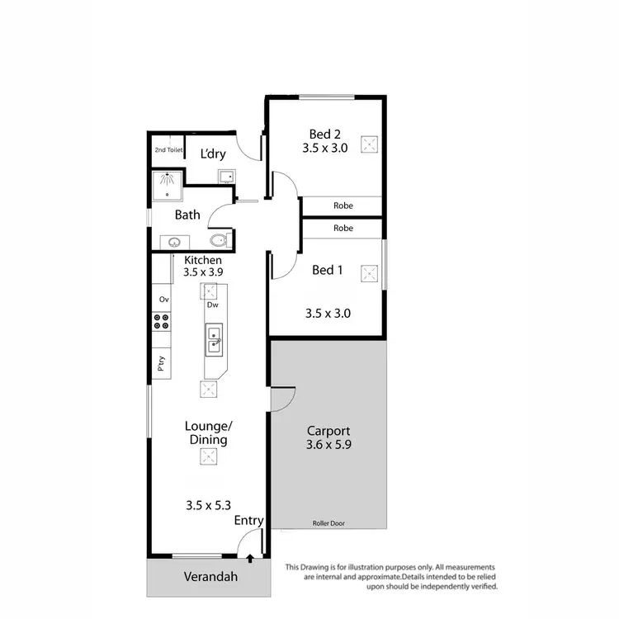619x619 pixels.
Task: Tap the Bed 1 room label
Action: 328,270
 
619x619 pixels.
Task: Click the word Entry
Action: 248,520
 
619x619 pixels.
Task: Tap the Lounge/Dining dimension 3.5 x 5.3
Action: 207,503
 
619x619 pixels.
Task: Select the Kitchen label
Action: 203,259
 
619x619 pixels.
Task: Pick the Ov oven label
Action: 163,299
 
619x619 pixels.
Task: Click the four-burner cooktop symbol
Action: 162,322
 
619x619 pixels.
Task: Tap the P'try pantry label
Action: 162,362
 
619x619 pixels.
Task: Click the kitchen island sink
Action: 214,339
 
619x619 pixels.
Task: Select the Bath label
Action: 187,215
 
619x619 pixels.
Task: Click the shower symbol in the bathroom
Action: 168,183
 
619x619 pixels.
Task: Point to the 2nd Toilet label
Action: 168,150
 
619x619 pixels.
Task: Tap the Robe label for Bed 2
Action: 343,206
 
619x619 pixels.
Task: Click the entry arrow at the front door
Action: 249,560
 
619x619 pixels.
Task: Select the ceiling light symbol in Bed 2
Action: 371,144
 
